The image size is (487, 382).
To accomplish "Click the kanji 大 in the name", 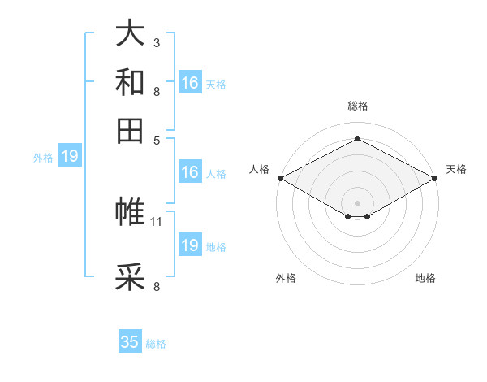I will point(130,33).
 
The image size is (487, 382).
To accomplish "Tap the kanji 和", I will point(130,83).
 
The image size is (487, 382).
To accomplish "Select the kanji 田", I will point(130,130).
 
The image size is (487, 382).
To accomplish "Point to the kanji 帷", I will point(130,212).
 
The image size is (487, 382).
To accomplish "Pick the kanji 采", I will point(130,277).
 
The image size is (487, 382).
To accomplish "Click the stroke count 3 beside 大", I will point(157,42).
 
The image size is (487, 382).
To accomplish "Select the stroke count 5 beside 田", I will point(157,139).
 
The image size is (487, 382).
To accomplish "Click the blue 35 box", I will point(130,342).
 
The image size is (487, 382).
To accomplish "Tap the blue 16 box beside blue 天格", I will point(190,83).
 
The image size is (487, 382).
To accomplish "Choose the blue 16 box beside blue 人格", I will point(190,172).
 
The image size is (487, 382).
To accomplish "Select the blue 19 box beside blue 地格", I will point(190,245).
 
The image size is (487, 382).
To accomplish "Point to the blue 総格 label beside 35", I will point(156,344).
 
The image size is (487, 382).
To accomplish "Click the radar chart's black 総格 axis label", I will point(357,106).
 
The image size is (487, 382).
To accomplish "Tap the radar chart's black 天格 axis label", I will point(456,169).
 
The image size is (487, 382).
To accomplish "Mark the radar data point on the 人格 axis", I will point(280,178).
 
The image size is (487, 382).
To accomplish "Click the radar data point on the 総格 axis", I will point(357,139).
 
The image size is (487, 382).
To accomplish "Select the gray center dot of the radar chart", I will point(357,202).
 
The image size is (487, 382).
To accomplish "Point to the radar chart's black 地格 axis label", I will point(425,279).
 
